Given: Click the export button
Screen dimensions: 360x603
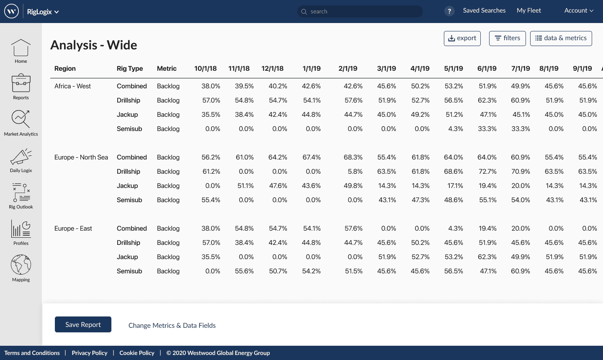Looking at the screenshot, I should (462, 38).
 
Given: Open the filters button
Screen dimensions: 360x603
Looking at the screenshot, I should (507, 38).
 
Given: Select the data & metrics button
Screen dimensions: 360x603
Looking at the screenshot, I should (561, 38).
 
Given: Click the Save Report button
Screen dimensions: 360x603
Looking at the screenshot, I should (83, 324).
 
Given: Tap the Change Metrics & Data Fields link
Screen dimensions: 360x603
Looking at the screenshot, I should (172, 325).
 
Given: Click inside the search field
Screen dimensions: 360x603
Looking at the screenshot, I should (360, 11).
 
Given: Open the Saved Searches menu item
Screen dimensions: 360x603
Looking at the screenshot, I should (484, 10).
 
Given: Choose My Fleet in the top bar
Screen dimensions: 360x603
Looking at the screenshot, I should (528, 10).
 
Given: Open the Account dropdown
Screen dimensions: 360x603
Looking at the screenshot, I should (579, 10).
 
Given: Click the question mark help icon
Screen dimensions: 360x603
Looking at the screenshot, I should (449, 11).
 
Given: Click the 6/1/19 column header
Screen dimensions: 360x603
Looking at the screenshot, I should (487, 68).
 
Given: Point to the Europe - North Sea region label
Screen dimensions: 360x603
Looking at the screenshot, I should (81, 157).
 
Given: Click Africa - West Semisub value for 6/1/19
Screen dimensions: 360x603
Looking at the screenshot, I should (487, 129).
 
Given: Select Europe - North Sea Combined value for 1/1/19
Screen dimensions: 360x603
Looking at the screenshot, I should (312, 157).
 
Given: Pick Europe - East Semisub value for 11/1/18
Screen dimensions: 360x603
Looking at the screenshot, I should (244, 271).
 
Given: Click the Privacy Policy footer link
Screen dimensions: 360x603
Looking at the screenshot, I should (89, 353).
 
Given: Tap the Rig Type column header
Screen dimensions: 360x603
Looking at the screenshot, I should (130, 68).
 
